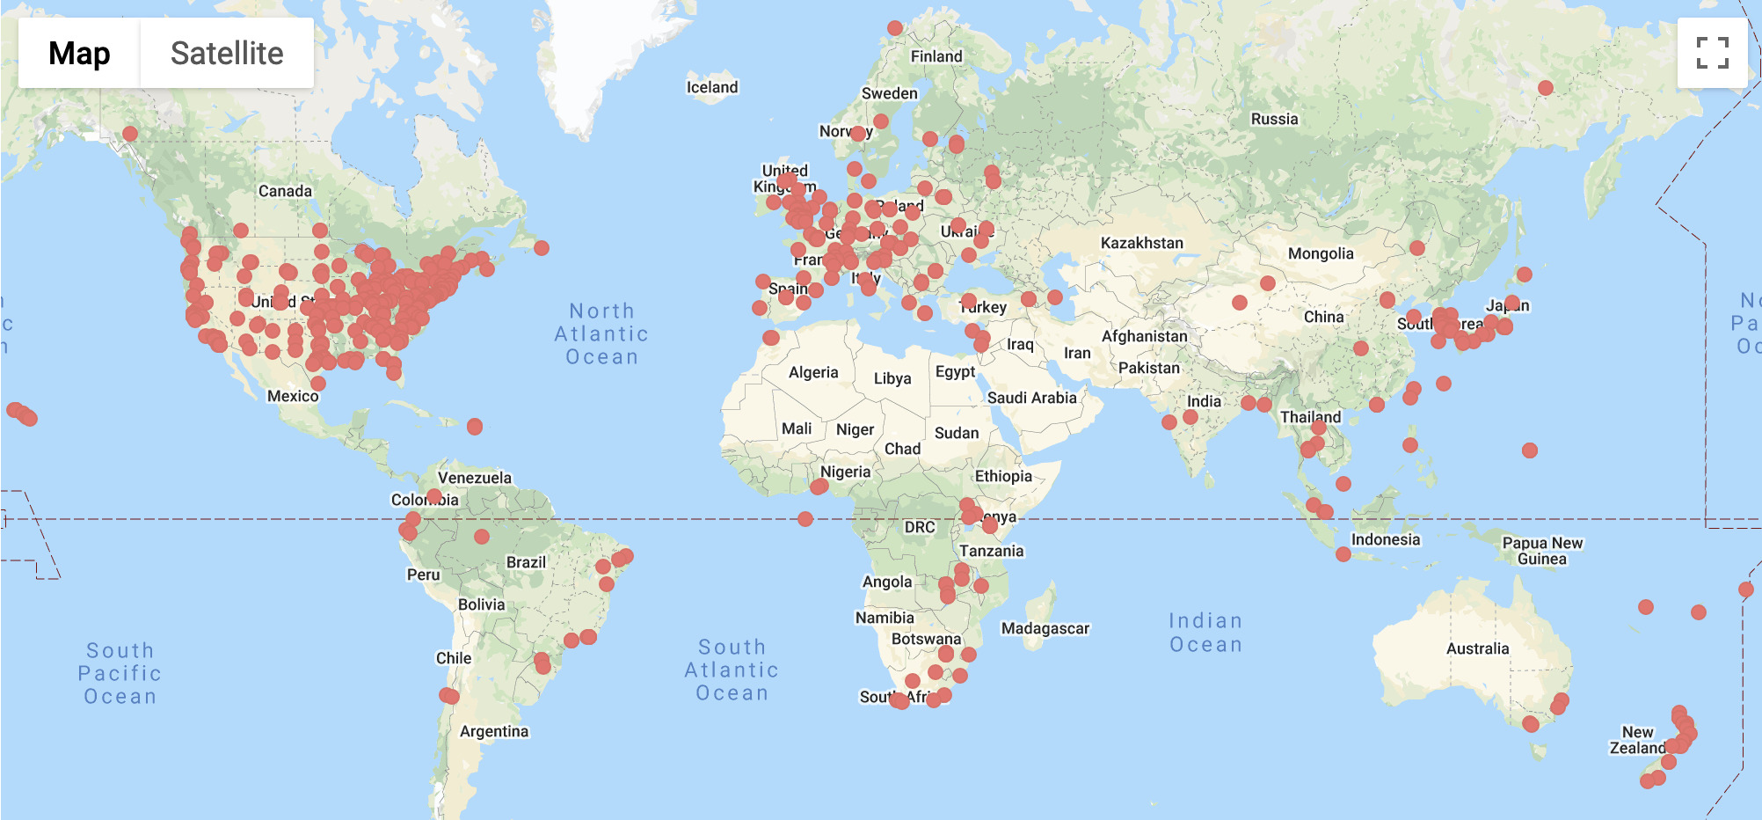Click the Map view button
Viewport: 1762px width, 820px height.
tap(79, 53)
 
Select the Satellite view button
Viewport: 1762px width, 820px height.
tap(227, 53)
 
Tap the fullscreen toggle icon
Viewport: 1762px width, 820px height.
tap(1712, 53)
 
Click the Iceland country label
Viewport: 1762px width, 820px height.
tap(712, 87)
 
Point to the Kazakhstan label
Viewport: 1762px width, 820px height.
tap(1141, 243)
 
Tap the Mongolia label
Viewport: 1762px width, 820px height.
tap(1321, 253)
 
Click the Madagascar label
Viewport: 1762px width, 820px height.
tap(1045, 628)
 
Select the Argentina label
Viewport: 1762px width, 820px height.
tap(494, 731)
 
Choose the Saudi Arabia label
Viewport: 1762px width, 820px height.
tap(1031, 398)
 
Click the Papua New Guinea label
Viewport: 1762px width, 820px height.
tap(1542, 551)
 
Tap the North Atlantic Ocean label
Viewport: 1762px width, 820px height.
tap(601, 334)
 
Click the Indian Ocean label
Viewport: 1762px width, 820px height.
tap(1205, 633)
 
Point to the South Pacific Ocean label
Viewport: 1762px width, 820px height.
tap(120, 673)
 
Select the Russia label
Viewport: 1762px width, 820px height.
tap(1274, 119)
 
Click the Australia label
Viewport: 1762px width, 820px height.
tap(1477, 648)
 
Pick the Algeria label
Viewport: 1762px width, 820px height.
tap(813, 372)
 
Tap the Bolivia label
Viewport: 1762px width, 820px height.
tap(481, 604)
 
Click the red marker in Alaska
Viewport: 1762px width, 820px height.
tap(130, 134)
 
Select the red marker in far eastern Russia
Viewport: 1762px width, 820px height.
tap(1546, 88)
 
